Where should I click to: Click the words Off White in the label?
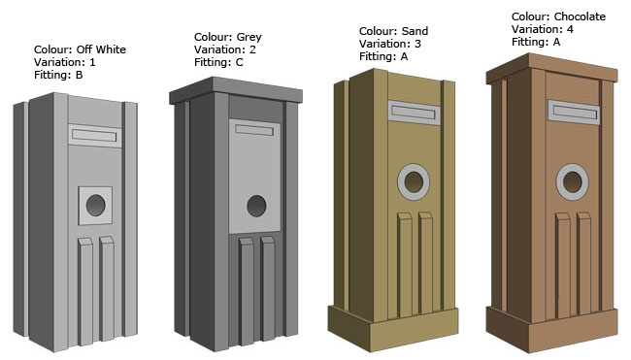coord(101,49)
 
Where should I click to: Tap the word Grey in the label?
coord(249,38)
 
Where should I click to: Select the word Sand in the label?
coord(415,31)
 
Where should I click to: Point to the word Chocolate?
coord(580,16)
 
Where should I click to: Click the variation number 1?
coord(92,62)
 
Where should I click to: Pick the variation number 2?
coord(252,49)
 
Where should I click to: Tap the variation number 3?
coord(417,44)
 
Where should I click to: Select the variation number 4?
coord(570,29)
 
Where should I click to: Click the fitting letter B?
coord(80,75)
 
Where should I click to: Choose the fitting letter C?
coord(240,62)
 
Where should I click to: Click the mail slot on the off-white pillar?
coord(94,136)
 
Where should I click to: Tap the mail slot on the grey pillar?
coord(254,130)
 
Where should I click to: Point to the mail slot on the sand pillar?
coord(415,113)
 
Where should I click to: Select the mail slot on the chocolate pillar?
coord(574,112)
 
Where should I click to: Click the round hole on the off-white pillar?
coord(96,205)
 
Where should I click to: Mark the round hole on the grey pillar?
coord(256,206)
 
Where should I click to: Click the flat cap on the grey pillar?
coord(236,91)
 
